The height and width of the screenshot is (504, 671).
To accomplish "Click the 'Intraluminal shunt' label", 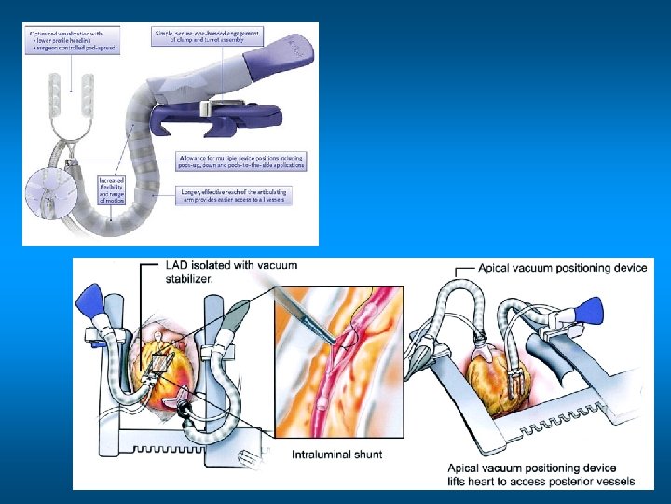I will pos(338,455).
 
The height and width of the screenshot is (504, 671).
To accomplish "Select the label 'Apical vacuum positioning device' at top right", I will pos(562,268).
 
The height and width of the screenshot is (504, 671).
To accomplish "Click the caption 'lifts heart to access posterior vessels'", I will pos(541,482).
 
